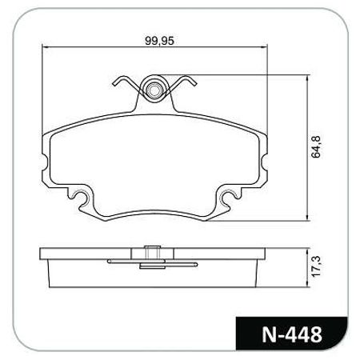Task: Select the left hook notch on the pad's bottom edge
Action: click(x=81, y=196)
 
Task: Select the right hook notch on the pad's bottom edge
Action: click(x=227, y=196)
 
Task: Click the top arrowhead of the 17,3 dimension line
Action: click(x=308, y=250)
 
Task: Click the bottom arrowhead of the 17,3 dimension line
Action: click(x=308, y=286)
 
